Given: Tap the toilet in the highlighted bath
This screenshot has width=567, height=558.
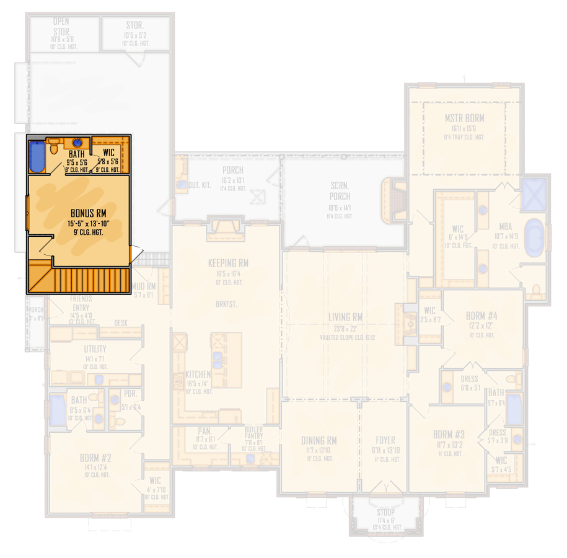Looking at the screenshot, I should (54, 147).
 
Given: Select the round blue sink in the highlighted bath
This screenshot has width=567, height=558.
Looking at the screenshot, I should (77, 143).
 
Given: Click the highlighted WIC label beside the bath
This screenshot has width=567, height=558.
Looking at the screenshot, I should (108, 153).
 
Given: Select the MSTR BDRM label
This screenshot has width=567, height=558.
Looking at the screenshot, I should (464, 118).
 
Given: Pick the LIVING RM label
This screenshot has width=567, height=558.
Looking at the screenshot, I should (345, 317).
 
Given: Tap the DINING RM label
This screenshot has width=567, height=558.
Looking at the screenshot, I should (319, 441).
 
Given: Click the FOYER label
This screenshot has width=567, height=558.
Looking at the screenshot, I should (384, 441).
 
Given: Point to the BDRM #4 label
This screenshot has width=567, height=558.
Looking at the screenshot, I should (481, 316).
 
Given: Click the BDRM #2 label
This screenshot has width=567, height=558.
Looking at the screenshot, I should (95, 458).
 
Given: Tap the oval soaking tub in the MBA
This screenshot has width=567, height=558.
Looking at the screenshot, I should (534, 237).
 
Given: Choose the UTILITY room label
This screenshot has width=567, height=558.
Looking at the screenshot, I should (95, 349).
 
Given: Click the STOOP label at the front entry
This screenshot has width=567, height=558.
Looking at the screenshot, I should (385, 512).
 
